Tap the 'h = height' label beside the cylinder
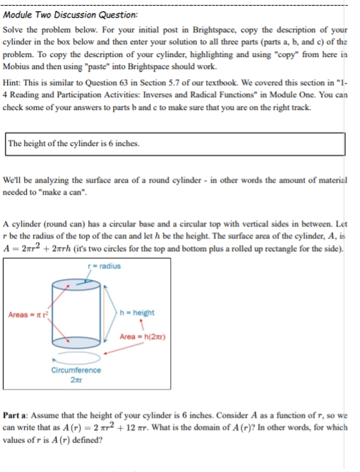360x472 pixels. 138,313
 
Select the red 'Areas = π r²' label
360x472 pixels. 26,314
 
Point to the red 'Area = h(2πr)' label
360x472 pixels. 142,336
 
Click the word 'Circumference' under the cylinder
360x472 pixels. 76,370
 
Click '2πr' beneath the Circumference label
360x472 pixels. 76,379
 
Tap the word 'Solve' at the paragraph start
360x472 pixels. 16,32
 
